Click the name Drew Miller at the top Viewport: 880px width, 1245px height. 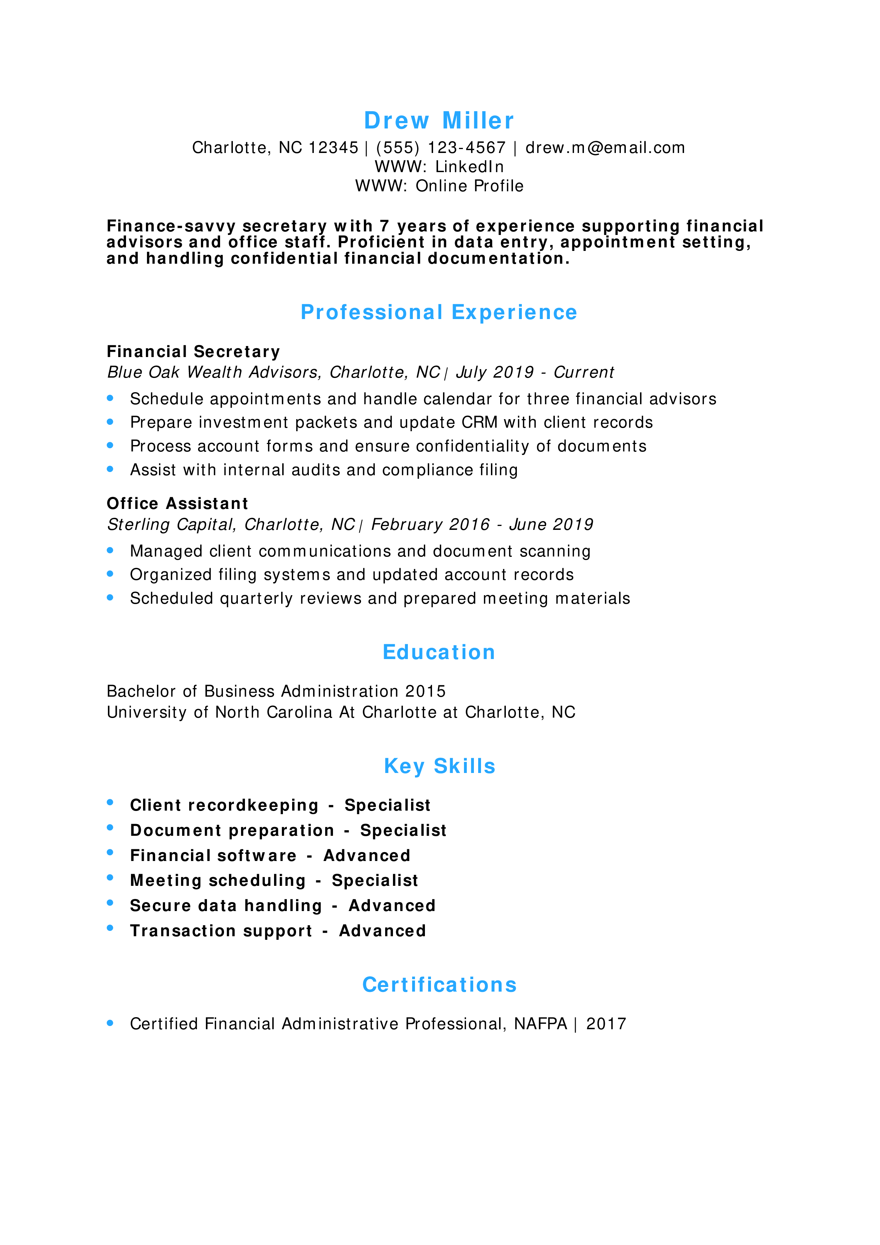439,120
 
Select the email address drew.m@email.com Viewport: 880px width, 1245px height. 605,148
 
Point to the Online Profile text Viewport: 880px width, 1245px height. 470,186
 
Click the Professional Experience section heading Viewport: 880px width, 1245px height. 439,312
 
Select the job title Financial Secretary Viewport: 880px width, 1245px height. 193,352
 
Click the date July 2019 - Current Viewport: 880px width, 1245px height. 535,373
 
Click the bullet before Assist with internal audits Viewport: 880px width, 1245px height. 110,469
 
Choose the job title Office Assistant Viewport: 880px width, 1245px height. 177,504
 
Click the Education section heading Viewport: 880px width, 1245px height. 439,652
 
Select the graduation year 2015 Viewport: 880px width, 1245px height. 426,691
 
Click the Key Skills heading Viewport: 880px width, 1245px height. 439,766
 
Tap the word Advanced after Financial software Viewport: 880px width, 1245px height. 367,856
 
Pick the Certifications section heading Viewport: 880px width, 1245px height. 439,985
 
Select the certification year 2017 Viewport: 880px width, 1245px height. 606,1024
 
